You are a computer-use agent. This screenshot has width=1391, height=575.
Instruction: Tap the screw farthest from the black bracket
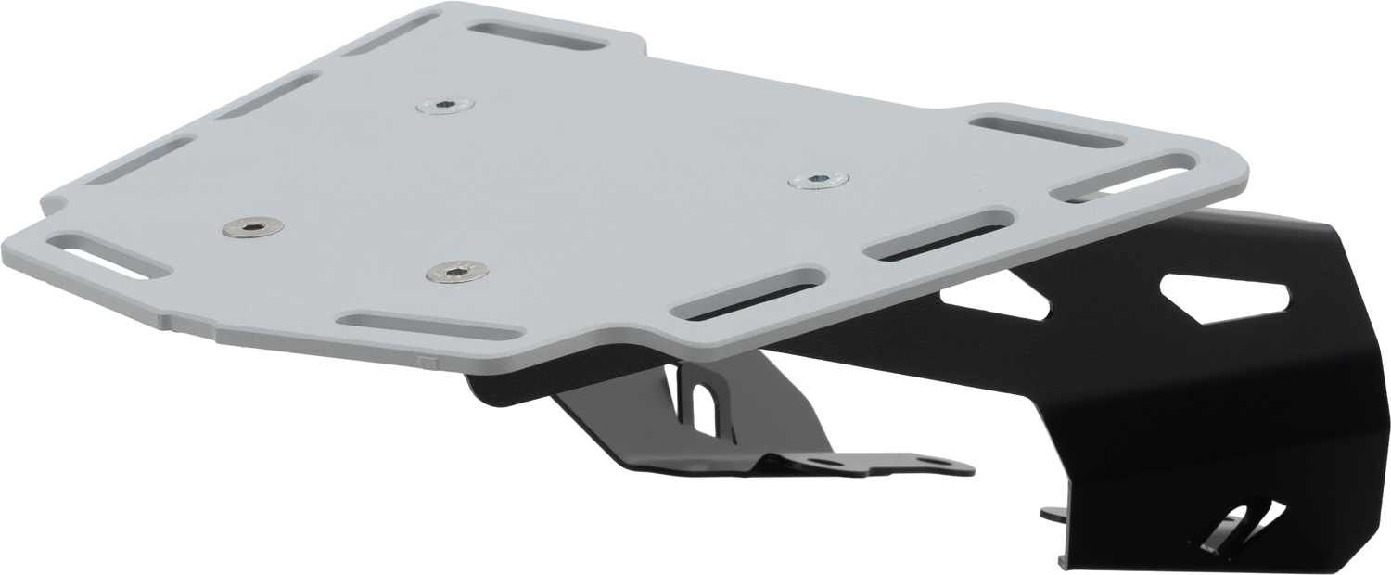pyautogui.click(x=253, y=227)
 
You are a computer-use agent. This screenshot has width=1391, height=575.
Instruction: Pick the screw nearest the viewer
pyautogui.click(x=456, y=271)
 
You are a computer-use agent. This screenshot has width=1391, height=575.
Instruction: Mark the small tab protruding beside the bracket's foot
pyautogui.click(x=1053, y=513)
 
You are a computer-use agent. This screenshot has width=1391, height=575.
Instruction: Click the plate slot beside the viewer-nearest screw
pyautogui.click(x=428, y=326)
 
